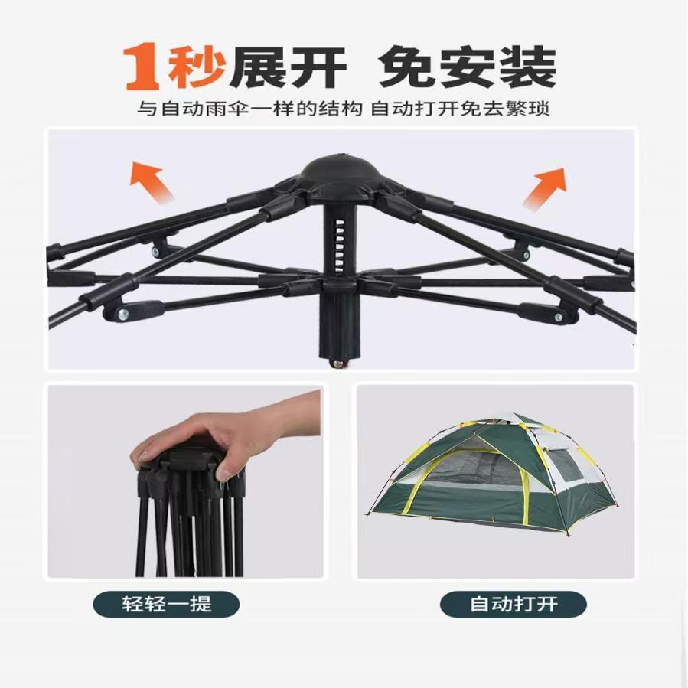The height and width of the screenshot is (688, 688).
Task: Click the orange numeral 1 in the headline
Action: (x=142, y=67)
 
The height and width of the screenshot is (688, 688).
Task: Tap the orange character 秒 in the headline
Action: (x=197, y=67)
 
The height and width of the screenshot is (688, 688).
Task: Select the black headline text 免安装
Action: (x=468, y=67)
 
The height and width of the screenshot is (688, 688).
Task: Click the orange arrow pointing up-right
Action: (x=545, y=187)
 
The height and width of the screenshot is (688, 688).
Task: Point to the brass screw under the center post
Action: (x=339, y=363)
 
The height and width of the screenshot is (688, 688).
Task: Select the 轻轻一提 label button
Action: (x=166, y=604)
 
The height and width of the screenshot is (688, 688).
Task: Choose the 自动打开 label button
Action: (x=514, y=604)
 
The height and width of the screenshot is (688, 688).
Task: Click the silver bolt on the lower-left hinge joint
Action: (x=123, y=315)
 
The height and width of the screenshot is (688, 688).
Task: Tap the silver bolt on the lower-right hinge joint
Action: (x=558, y=317)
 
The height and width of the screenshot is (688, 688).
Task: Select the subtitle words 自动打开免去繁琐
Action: (x=460, y=109)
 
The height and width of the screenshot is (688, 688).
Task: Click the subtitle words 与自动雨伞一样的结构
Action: (x=249, y=109)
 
